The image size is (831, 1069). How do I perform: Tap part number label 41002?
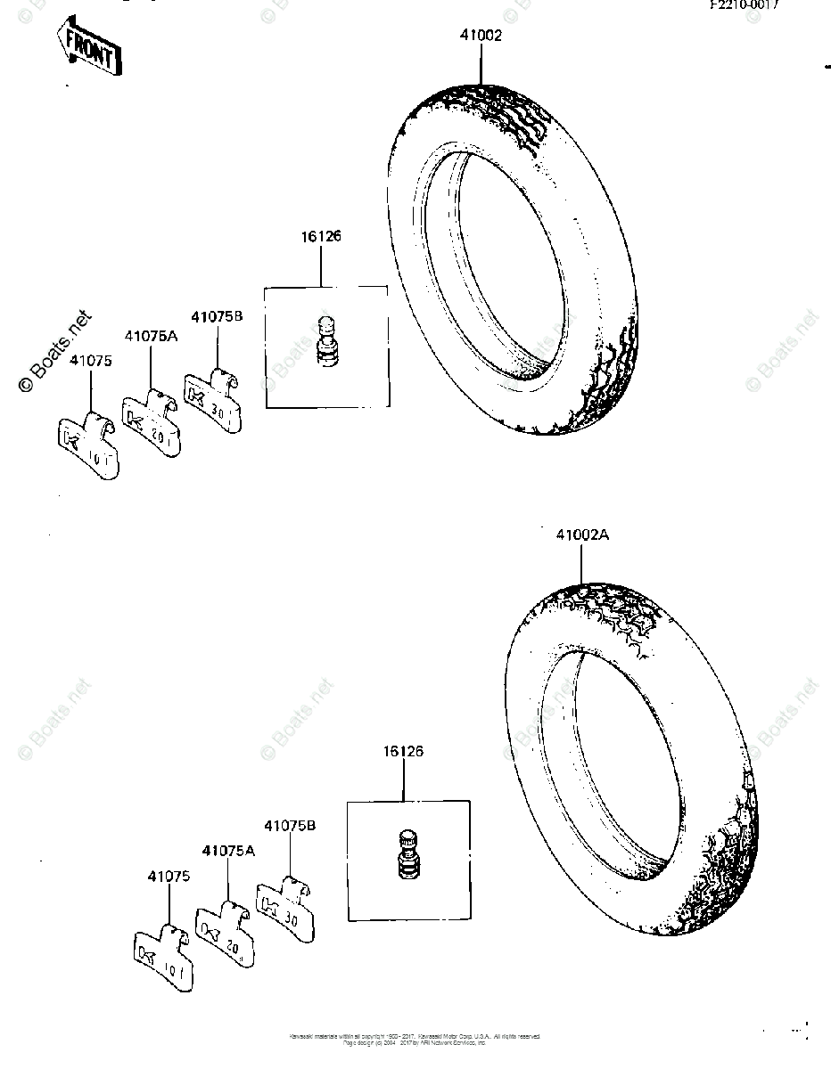[x=481, y=36]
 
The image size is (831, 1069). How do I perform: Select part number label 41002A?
[x=582, y=535]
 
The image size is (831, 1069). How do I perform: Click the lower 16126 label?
[x=403, y=751]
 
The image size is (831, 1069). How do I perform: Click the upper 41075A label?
[x=151, y=336]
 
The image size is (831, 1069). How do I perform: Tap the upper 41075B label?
[x=217, y=315]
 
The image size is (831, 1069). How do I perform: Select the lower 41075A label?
[x=228, y=851]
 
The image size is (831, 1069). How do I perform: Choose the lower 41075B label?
[x=289, y=825]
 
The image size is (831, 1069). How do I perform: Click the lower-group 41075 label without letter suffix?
[x=169, y=877]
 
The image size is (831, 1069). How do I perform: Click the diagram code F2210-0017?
[x=745, y=4]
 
